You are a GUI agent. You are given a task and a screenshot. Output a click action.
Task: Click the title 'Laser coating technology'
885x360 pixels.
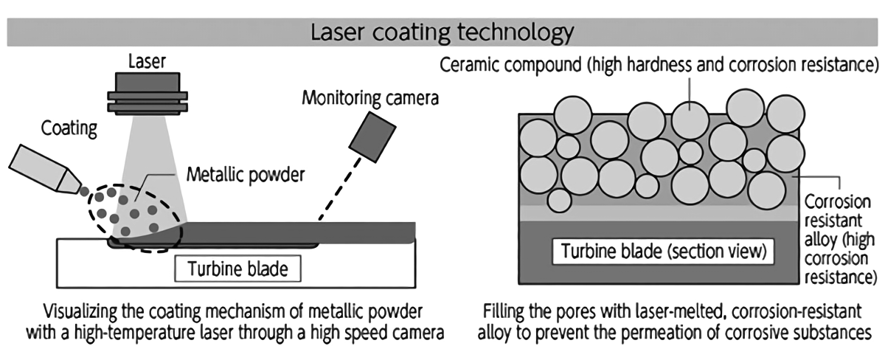(x=442, y=33)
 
